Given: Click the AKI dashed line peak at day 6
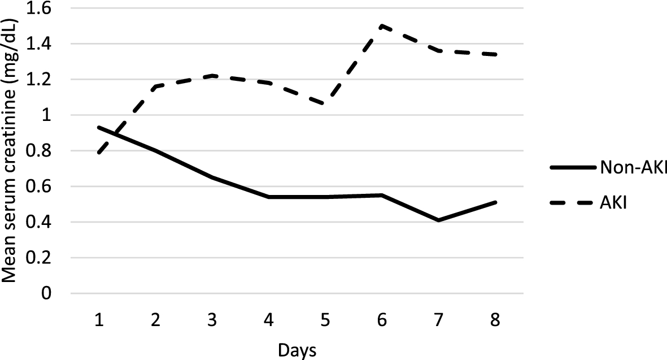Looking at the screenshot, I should tap(382, 26).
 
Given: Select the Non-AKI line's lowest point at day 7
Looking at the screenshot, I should tap(438, 220).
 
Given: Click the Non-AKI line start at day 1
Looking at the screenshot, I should tap(99, 128).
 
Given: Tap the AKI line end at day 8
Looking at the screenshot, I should tap(495, 55).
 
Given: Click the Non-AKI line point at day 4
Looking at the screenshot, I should tap(269, 197).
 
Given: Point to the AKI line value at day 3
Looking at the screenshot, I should tap(212, 76).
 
